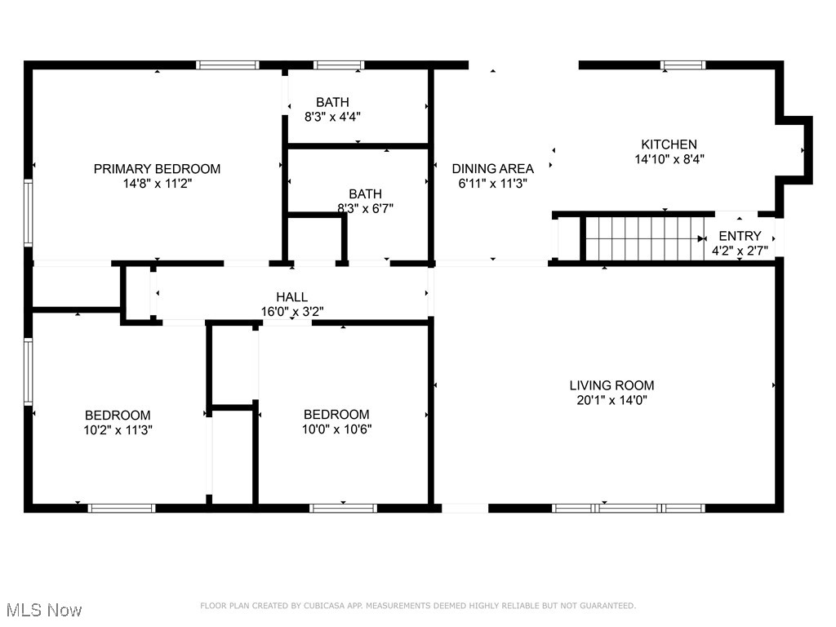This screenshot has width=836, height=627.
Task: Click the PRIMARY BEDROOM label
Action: click(x=157, y=169)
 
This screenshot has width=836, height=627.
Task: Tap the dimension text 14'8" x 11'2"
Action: click(x=157, y=184)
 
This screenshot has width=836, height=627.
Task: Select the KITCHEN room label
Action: click(x=669, y=145)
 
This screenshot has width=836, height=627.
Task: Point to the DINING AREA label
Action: click(x=493, y=169)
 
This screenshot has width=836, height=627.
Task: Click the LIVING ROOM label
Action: click(x=611, y=385)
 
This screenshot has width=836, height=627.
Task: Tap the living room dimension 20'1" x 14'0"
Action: click(x=611, y=400)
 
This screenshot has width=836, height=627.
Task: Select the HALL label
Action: click(x=291, y=297)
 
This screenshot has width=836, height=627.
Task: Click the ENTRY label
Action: click(x=740, y=236)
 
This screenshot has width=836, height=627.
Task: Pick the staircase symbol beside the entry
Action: click(x=645, y=238)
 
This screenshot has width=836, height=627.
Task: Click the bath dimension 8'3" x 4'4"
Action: click(x=333, y=117)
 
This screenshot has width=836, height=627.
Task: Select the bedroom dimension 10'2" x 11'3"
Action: click(x=118, y=429)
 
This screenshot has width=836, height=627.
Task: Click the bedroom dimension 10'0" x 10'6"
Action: click(x=336, y=429)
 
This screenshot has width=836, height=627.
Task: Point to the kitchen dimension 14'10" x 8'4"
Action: click(x=669, y=159)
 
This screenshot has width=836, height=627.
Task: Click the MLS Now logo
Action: click(x=43, y=610)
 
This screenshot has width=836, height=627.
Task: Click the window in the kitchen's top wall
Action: click(x=682, y=64)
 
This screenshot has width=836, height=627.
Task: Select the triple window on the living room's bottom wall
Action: click(x=628, y=508)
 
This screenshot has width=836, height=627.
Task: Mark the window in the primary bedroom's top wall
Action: click(x=228, y=64)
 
